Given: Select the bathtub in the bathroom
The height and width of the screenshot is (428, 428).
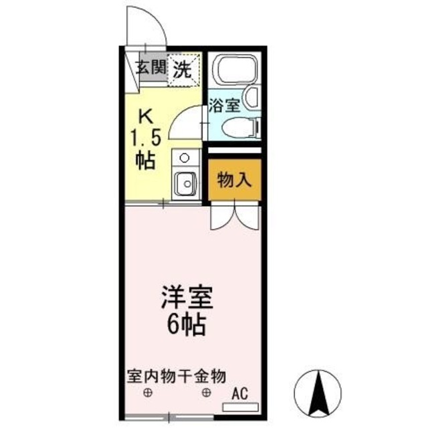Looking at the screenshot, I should tap(231, 71).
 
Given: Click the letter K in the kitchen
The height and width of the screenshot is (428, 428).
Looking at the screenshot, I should tap(145, 116).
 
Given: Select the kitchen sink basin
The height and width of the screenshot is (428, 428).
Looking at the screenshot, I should tap(184, 181).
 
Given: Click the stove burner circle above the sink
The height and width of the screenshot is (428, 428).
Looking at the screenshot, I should tap(184, 158).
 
